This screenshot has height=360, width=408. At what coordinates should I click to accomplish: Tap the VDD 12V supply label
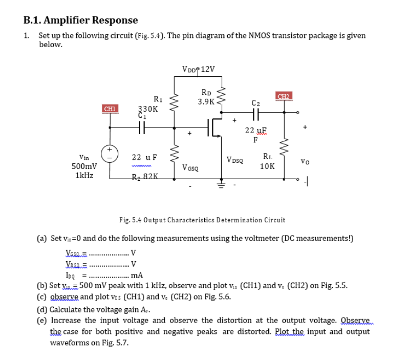point(198,69)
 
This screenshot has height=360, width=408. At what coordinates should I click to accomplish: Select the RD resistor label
point(206,93)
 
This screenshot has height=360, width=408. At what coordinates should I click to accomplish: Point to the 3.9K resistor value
point(206,101)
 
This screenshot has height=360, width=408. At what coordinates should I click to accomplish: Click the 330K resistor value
point(148,109)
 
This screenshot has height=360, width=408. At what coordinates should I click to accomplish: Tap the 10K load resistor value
point(267,166)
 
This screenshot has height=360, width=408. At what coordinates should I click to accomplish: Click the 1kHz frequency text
point(84,175)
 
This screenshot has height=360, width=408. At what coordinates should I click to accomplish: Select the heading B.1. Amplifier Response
point(81,20)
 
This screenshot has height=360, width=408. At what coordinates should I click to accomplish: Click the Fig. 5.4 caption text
point(202,220)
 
